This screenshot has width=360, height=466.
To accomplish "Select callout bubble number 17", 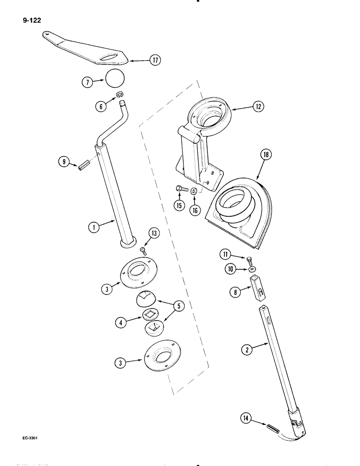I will pos(153,60).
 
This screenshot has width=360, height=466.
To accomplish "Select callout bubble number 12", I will pos(256,107).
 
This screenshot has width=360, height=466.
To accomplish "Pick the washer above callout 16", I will pos(194,192).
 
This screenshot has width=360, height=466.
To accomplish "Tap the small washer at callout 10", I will pos(252,269).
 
